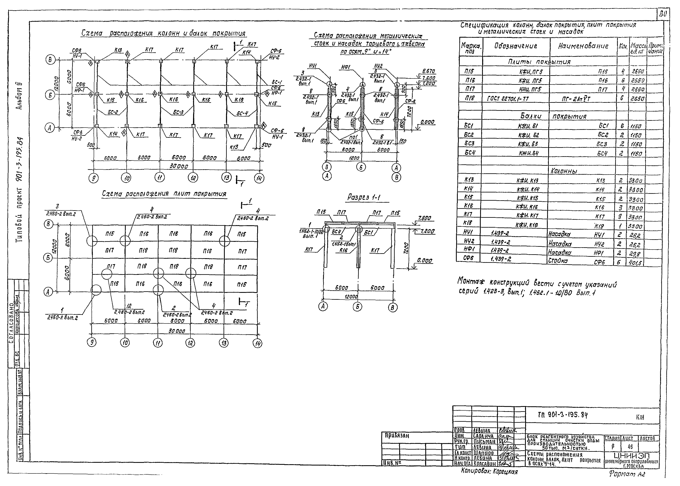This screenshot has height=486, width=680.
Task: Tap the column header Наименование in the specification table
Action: tap(583, 46)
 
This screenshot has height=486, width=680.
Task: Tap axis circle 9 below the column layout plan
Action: tap(94, 179)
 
